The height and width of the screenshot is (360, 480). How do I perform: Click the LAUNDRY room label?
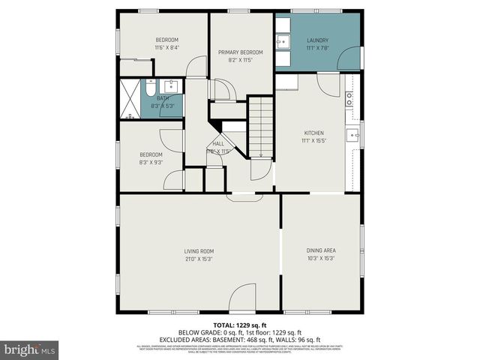(x=317, y=40)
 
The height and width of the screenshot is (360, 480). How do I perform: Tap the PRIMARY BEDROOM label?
(x=241, y=52)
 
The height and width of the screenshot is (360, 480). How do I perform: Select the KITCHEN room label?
(x=313, y=133)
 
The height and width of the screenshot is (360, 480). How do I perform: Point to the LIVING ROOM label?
(x=199, y=251)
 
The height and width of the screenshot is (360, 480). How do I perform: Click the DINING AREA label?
(x=320, y=251)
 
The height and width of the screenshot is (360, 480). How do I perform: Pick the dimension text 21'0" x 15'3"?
(x=199, y=259)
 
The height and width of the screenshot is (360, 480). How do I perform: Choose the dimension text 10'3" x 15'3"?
(x=320, y=259)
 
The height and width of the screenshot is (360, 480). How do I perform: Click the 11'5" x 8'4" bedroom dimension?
(x=166, y=46)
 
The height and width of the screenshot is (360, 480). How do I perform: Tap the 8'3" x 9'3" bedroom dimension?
(x=151, y=162)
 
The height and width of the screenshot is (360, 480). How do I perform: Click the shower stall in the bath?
(x=131, y=97)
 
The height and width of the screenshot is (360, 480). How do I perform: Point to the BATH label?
(x=163, y=98)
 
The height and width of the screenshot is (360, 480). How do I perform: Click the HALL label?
(x=217, y=143)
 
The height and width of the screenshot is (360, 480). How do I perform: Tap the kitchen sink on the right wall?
(x=352, y=135)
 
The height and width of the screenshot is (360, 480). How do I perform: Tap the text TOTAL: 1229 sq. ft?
(x=239, y=325)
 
